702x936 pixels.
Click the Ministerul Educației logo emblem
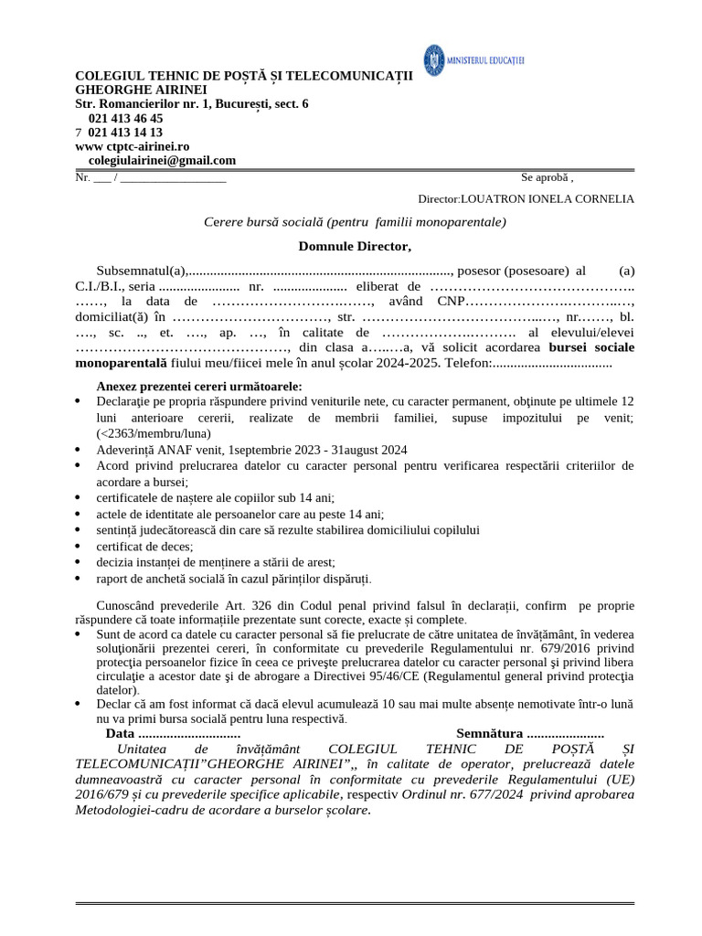(x=434, y=58)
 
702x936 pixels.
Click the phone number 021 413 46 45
(x=125, y=118)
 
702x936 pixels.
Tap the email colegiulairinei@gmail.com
(x=162, y=160)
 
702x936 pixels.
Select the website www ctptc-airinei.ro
(x=132, y=146)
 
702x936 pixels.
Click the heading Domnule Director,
(x=355, y=246)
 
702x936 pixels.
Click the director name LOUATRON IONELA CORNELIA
(x=548, y=198)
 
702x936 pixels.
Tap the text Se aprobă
(x=545, y=177)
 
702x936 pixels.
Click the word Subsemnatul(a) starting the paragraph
(x=141, y=271)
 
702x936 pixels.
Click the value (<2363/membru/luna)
(x=154, y=432)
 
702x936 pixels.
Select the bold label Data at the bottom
(x=120, y=733)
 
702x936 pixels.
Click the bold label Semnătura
(x=489, y=733)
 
